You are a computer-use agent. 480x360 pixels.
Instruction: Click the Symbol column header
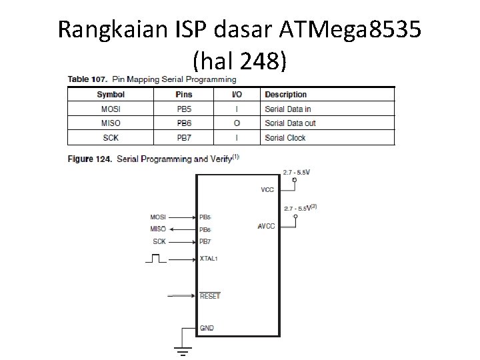110,95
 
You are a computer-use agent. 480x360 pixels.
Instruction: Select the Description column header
285,95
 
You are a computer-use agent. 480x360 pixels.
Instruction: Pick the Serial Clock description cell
285,137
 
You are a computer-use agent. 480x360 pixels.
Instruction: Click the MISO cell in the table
110,123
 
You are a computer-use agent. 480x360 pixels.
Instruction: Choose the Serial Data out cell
290,123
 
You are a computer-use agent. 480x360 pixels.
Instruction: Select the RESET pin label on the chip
209,295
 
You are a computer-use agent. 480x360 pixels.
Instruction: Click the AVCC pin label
266,227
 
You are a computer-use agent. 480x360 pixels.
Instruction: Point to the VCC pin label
267,190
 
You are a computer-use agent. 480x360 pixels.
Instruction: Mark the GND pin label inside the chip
207,328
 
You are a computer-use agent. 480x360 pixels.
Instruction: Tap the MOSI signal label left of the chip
158,217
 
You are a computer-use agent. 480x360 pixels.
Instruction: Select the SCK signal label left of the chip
159,241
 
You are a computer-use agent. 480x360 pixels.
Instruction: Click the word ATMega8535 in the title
341,30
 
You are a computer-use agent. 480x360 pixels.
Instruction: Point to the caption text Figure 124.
89,159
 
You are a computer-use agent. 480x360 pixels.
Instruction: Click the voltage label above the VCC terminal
296,172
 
